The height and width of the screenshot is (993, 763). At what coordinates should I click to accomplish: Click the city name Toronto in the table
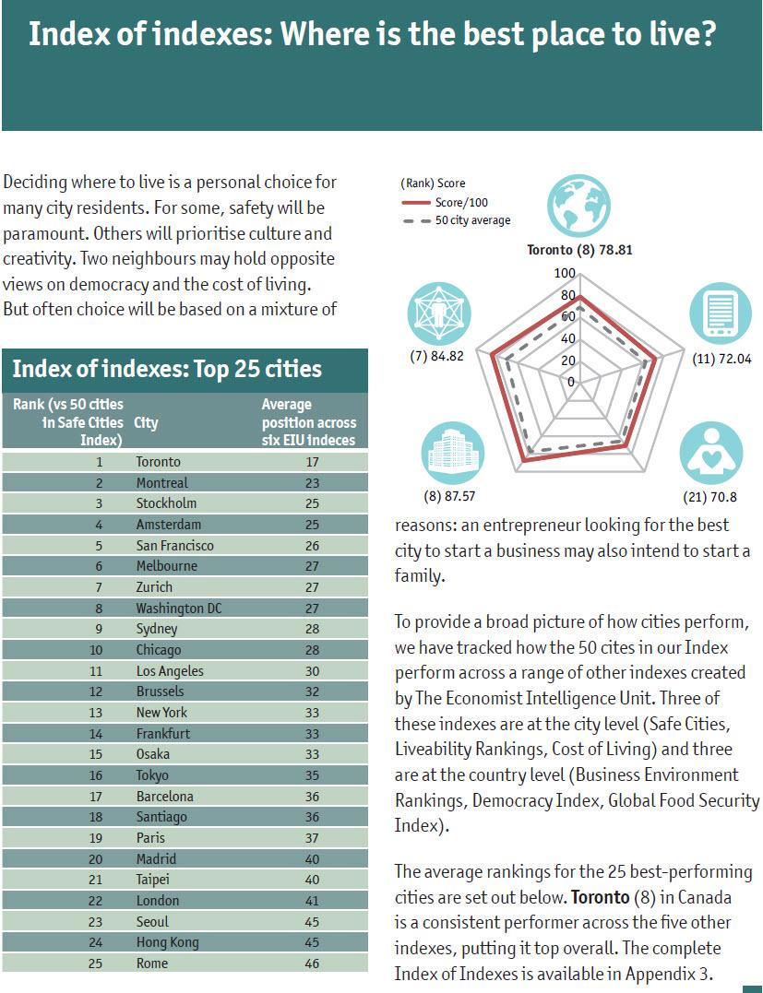coord(158,462)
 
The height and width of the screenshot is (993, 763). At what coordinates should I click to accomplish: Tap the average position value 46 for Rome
coord(311,963)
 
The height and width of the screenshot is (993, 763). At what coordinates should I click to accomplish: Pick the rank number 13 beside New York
coord(99,713)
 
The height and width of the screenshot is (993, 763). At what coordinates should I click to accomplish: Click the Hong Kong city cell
coord(167,942)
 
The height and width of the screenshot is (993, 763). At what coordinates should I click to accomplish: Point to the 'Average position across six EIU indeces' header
coord(308,422)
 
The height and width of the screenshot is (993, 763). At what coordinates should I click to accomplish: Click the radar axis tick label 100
coord(565,274)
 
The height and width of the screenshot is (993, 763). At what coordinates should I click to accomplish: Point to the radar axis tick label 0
coord(570,382)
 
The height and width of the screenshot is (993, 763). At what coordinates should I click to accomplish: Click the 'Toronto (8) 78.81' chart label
coord(579,250)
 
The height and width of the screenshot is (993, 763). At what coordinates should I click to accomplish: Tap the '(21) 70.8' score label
coord(713,498)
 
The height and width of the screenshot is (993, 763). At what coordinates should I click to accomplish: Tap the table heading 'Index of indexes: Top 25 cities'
coord(167,370)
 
